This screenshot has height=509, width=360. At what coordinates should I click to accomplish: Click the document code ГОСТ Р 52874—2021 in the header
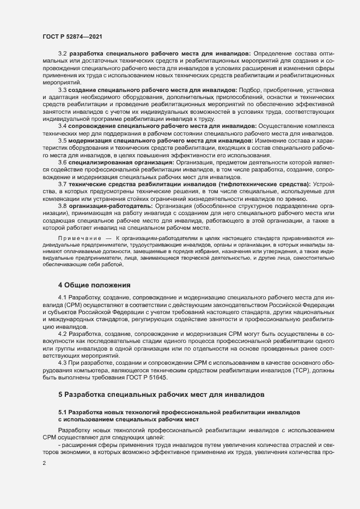click(x=72, y=36)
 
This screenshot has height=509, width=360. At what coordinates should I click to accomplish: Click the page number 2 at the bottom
click(x=44, y=463)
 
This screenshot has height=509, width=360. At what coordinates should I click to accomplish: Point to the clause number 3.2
click(x=63, y=53)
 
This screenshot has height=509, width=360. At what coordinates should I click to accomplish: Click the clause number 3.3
click(x=63, y=89)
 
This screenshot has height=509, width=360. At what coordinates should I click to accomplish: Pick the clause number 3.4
click(x=63, y=125)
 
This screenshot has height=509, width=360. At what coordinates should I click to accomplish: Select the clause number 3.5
click(x=63, y=140)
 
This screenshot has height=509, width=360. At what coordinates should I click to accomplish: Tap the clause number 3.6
click(x=63, y=162)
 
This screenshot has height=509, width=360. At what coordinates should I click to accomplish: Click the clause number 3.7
click(x=63, y=184)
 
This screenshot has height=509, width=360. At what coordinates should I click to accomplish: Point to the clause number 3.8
click(x=63, y=206)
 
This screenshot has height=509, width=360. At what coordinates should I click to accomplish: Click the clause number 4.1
click(x=63, y=298)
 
